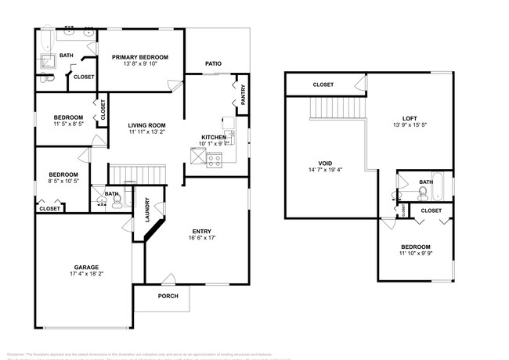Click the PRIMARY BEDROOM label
(x=139, y=57)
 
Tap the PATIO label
(x=213, y=63)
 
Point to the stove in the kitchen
(x=215, y=160)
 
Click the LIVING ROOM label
(x=147, y=125)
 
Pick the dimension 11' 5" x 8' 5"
(x=69, y=124)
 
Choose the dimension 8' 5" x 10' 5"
(x=63, y=182)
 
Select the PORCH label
(x=168, y=296)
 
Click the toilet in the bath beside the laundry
(x=117, y=200)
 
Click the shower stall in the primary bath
(x=48, y=64)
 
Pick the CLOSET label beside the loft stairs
(x=323, y=85)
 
